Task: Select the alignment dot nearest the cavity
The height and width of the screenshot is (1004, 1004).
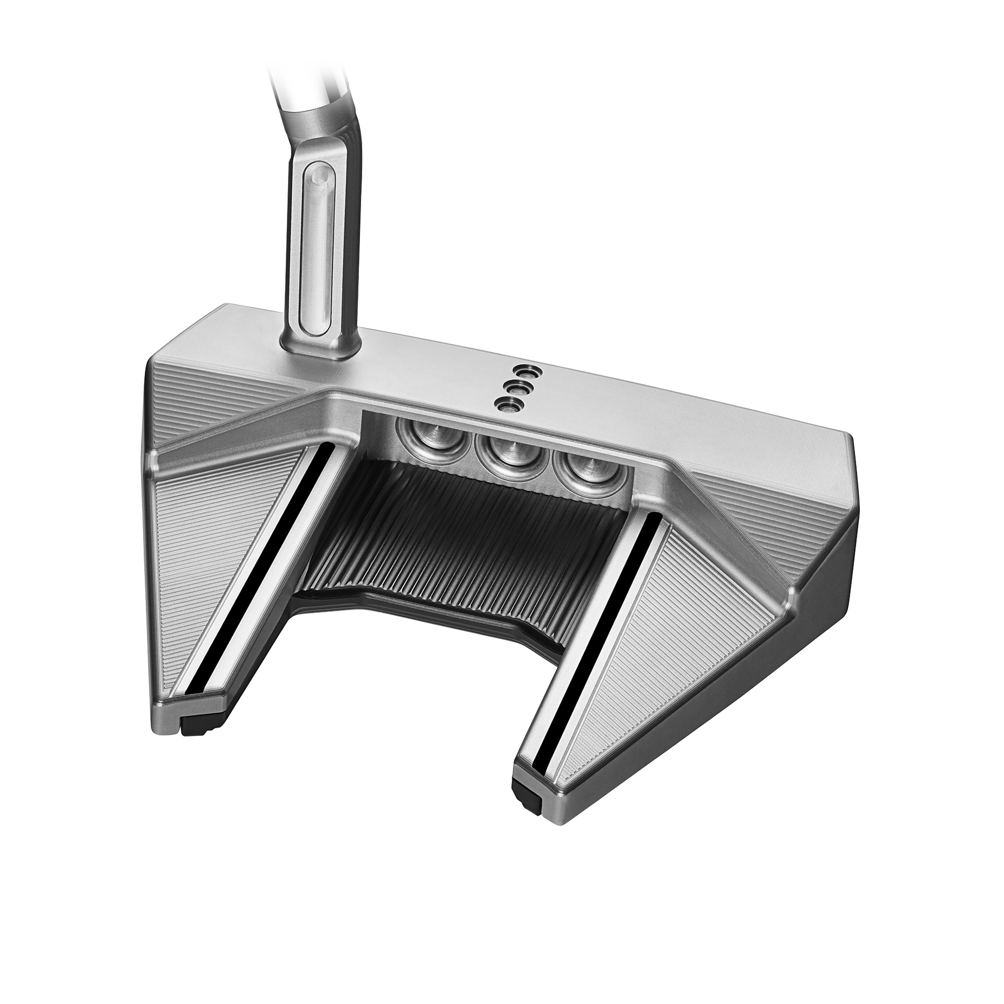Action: pos(503,403)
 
